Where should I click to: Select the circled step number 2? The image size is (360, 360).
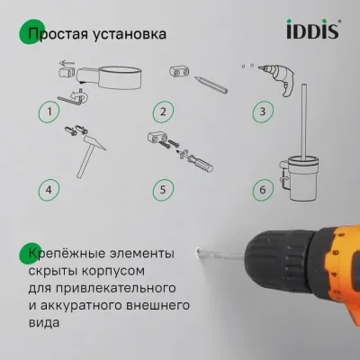coord(163,112)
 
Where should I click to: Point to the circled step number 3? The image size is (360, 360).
coord(262,112)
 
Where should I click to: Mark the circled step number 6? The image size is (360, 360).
coord(262,189)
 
